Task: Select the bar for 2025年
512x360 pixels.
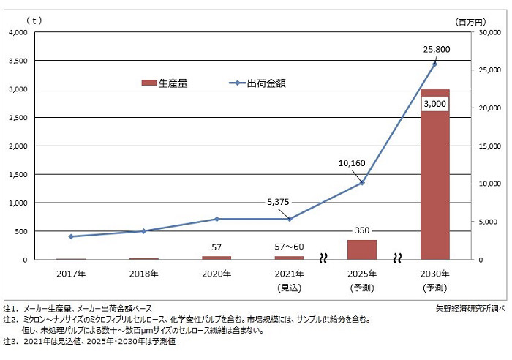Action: [x=362, y=250]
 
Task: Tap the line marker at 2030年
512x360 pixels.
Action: [x=434, y=64]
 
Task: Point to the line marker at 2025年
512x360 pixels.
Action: [x=362, y=182]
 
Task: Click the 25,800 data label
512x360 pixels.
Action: [x=436, y=50]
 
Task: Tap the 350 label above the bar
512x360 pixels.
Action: [x=362, y=230]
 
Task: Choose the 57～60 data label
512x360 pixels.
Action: [x=289, y=247]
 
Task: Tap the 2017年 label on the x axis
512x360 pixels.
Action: [x=71, y=274]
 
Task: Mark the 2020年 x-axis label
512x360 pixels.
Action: [x=216, y=274]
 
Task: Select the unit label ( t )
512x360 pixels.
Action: [x=33, y=20]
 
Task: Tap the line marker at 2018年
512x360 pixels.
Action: [x=143, y=230]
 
